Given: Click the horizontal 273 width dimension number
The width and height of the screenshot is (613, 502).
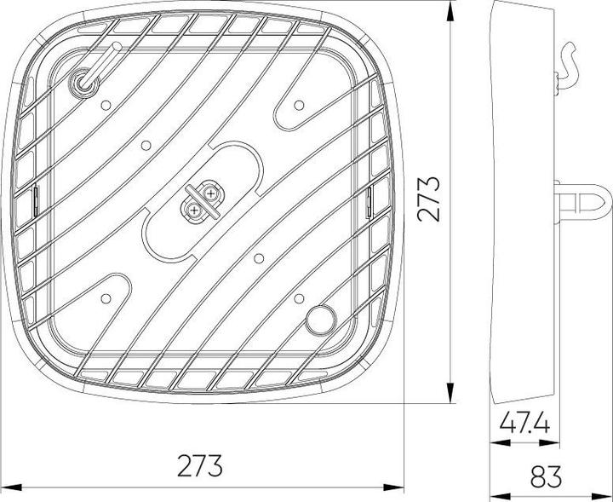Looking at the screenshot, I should point(201,466).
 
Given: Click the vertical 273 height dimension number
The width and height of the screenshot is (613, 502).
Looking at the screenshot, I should point(430,199).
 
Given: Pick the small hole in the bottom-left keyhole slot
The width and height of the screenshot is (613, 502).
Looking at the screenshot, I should point(106,297).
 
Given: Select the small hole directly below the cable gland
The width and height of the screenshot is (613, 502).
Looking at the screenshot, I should point(105,105).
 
